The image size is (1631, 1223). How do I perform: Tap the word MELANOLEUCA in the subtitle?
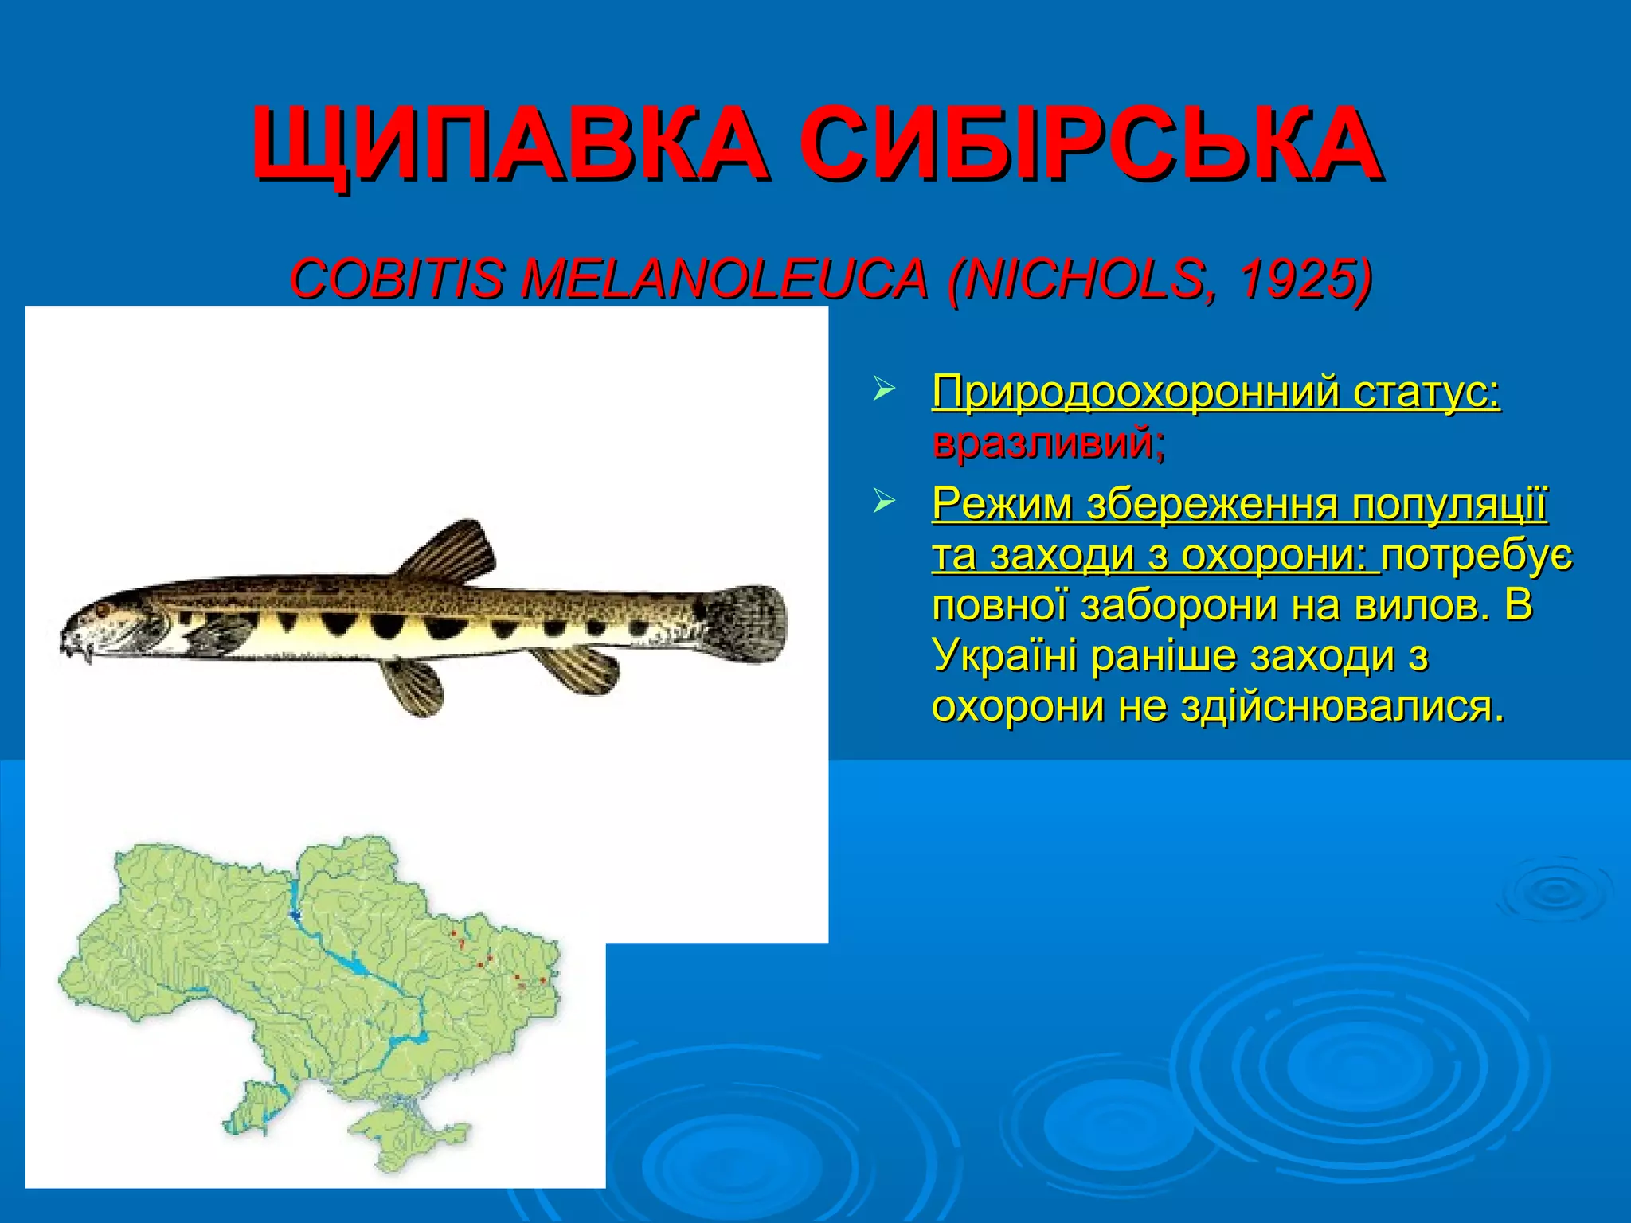[725, 279]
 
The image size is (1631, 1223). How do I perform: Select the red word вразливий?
[1048, 442]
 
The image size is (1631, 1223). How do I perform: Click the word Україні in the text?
[1004, 657]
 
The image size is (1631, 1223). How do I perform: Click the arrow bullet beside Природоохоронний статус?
[883, 391]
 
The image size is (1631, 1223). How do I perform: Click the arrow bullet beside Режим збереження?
[883, 502]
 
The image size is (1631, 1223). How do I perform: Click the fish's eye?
[104, 609]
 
